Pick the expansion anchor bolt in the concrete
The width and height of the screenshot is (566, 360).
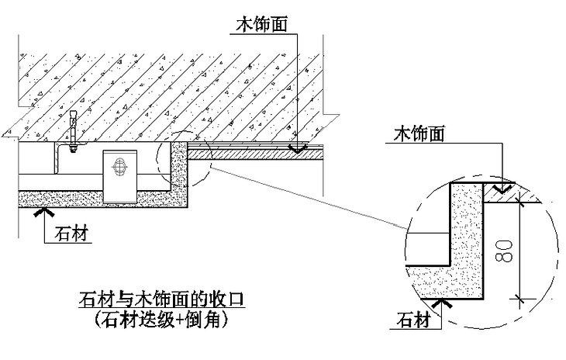point(73,130)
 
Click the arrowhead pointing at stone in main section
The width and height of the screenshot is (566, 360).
point(45,210)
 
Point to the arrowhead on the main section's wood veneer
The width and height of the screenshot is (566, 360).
point(297,147)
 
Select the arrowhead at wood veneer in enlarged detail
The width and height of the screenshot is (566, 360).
point(503,187)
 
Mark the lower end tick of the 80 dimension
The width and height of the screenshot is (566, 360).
point(520,299)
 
